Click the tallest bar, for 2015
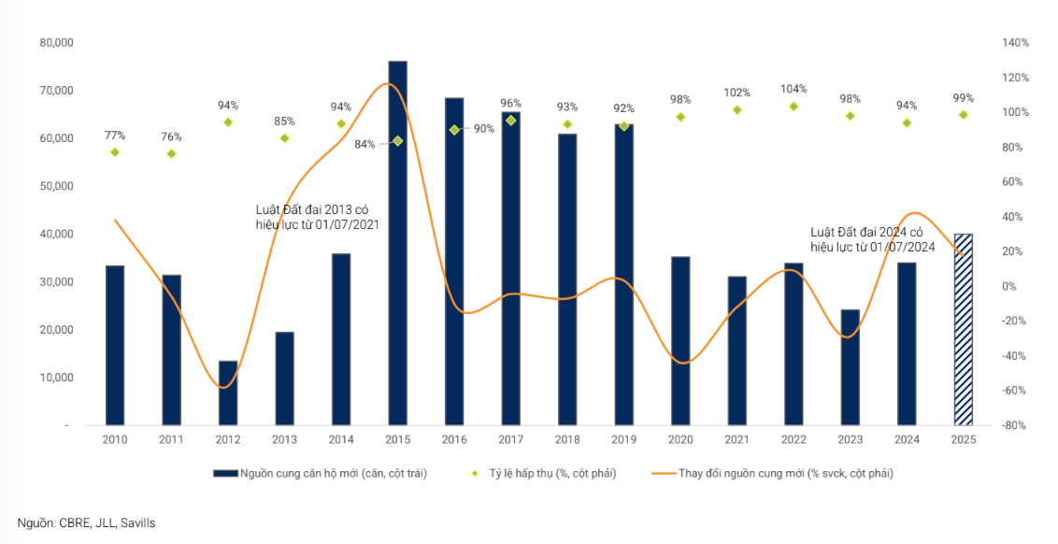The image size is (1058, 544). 397,243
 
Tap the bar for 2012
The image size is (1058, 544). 228,393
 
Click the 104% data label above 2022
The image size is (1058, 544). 793,89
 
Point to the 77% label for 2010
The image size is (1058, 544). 115,136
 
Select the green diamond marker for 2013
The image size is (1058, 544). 285,138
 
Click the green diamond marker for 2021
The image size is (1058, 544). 737,110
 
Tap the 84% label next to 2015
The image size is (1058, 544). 365,144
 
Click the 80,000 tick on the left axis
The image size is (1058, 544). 57,43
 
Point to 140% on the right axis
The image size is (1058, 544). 1014,43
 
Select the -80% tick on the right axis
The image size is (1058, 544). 1014,425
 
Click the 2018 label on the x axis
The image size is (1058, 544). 567,439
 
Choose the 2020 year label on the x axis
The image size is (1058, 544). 680,439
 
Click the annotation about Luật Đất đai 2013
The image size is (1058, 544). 318,218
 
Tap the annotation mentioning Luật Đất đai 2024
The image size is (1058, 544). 873,239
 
